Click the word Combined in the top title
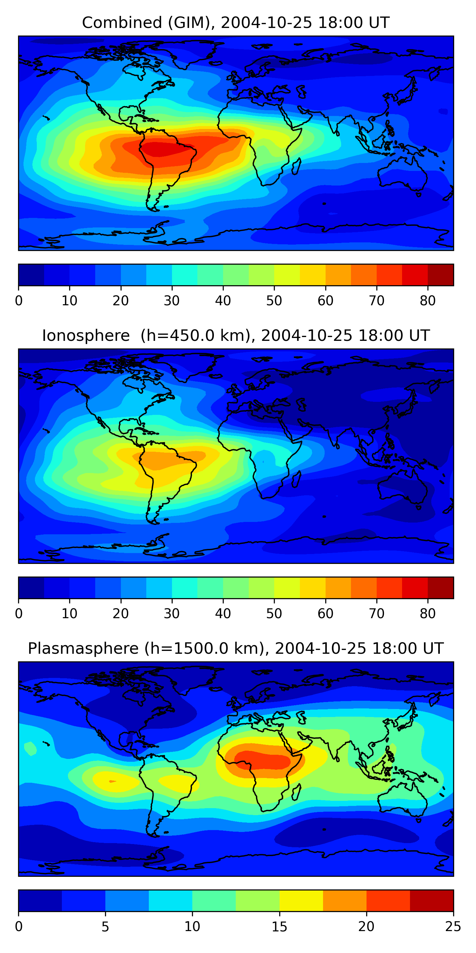click(122, 23)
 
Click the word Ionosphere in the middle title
click(86, 335)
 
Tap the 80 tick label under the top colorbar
click(427, 301)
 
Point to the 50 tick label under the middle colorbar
click(274, 614)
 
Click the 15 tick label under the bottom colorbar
click(279, 927)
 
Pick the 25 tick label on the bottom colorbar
click(453, 927)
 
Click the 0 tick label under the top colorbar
click(19, 301)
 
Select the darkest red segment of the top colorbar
click(440, 275)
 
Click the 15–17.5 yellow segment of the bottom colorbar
click(301, 901)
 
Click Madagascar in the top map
click(296, 166)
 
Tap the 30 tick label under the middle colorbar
click(172, 614)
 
